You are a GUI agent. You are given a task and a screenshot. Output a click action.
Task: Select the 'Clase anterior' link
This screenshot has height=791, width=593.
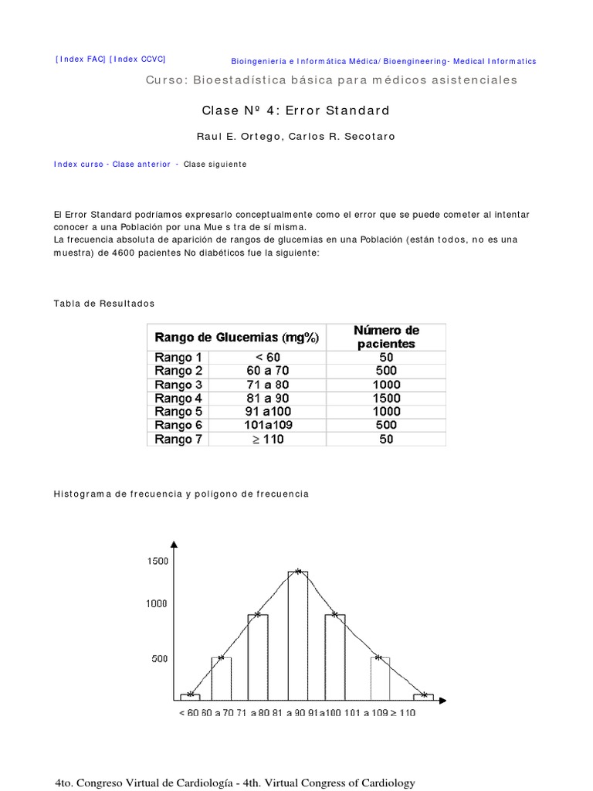[x=141, y=165]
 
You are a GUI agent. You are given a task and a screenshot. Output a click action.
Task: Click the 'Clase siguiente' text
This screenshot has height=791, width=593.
[x=215, y=165]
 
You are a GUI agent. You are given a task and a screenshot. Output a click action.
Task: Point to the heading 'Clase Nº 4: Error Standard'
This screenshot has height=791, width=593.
[x=296, y=110]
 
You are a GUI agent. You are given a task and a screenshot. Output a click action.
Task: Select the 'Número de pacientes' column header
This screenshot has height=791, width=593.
[x=386, y=337]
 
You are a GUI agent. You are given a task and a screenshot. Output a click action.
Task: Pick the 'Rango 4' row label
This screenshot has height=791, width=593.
[x=178, y=399]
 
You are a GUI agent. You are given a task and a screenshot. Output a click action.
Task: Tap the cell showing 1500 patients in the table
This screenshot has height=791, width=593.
[x=386, y=399]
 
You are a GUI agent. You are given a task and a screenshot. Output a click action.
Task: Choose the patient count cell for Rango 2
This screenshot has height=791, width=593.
[x=386, y=372]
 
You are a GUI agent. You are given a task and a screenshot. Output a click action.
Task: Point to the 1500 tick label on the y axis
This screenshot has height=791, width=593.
[x=157, y=562]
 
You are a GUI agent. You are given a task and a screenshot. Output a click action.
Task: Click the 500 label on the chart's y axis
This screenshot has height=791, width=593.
[x=159, y=659]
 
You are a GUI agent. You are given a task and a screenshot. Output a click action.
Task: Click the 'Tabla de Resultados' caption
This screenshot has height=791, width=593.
[x=104, y=304]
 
